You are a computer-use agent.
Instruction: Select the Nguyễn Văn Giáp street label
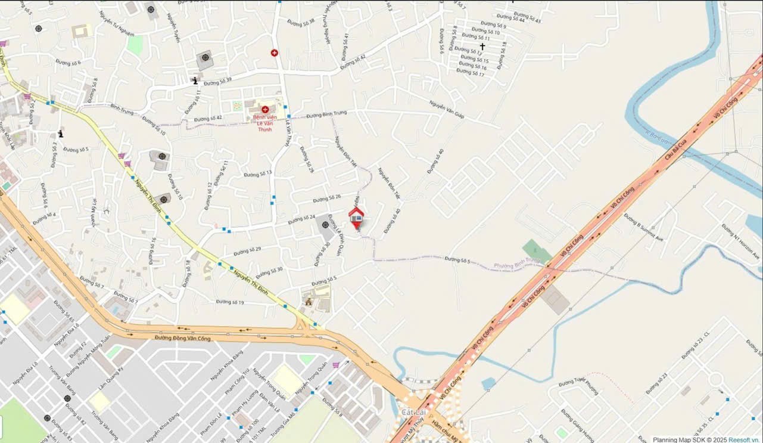[x=446, y=109]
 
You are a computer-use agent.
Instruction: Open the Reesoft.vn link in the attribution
[x=745, y=439]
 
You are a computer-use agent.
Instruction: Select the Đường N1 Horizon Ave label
[x=740, y=241]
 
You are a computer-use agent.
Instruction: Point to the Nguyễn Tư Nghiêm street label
[x=117, y=23]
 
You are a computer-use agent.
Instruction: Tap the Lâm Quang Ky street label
[x=110, y=378]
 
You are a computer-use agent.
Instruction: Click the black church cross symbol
[x=482, y=47]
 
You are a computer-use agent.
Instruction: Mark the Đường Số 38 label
[x=301, y=22]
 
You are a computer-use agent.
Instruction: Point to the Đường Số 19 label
[x=230, y=302]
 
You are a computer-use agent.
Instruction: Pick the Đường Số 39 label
[x=217, y=82]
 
